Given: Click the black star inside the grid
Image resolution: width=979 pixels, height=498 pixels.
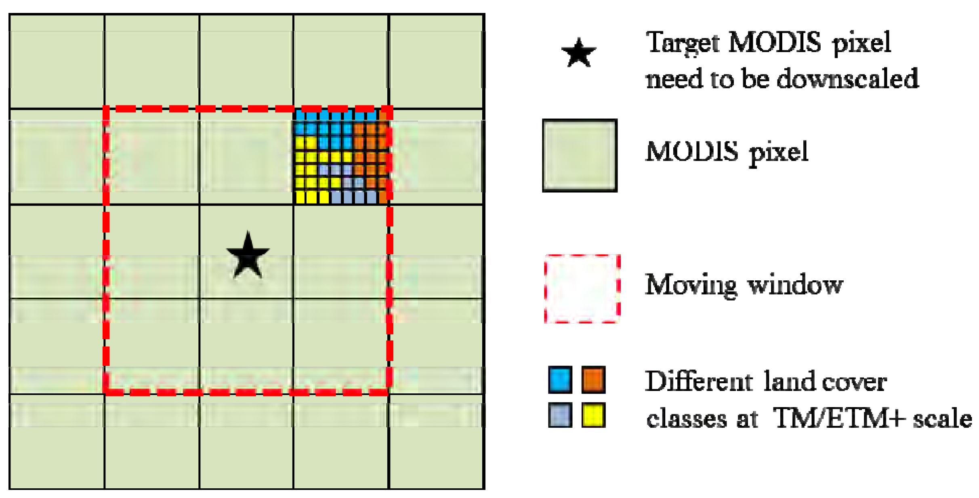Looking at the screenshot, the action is click(x=248, y=256).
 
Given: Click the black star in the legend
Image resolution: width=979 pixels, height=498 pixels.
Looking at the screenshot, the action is click(x=578, y=53).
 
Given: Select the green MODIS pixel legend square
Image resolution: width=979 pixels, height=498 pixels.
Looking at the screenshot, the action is click(x=580, y=155).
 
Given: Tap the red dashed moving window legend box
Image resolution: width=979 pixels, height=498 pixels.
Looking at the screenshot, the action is click(x=582, y=289).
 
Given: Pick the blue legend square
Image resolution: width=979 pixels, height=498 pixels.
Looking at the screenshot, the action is click(x=560, y=380).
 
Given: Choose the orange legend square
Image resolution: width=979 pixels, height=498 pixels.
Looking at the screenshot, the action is click(x=593, y=380).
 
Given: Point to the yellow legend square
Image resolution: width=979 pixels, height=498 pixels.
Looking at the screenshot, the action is click(x=593, y=415).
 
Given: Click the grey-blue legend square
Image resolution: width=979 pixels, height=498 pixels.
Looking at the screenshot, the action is click(x=560, y=415).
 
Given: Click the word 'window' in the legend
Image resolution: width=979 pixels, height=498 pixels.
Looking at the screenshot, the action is click(x=795, y=285).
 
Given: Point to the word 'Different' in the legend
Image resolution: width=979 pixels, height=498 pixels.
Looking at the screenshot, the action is click(x=699, y=381).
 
